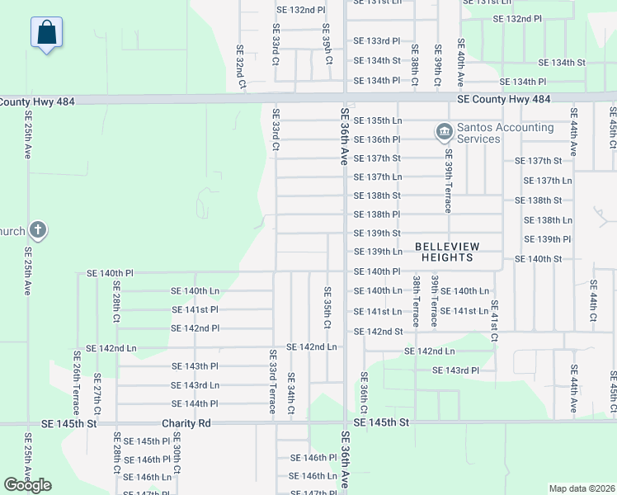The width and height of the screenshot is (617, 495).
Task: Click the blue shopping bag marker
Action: [x=47, y=34]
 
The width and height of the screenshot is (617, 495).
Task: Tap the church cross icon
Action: [x=37, y=230]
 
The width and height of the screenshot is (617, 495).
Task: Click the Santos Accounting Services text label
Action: [x=505, y=133]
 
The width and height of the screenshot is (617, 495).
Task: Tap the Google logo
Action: [x=27, y=485]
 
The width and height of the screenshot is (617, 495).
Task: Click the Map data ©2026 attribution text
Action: [x=582, y=488]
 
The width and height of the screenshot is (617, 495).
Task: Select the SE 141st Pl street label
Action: [x=195, y=309]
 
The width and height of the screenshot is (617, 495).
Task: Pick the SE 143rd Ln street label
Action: [x=195, y=385]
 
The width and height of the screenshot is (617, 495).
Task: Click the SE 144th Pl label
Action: [x=195, y=403]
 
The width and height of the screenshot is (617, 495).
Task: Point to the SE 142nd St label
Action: [x=378, y=331]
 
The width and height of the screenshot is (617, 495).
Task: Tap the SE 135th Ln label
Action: [x=378, y=120]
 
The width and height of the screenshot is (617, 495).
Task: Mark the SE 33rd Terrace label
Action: [x=271, y=381]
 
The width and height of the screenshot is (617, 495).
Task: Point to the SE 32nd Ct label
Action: [x=241, y=68]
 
